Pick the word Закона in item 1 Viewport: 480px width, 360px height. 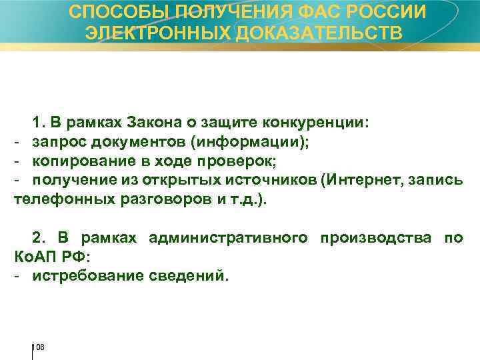tap(150, 123)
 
